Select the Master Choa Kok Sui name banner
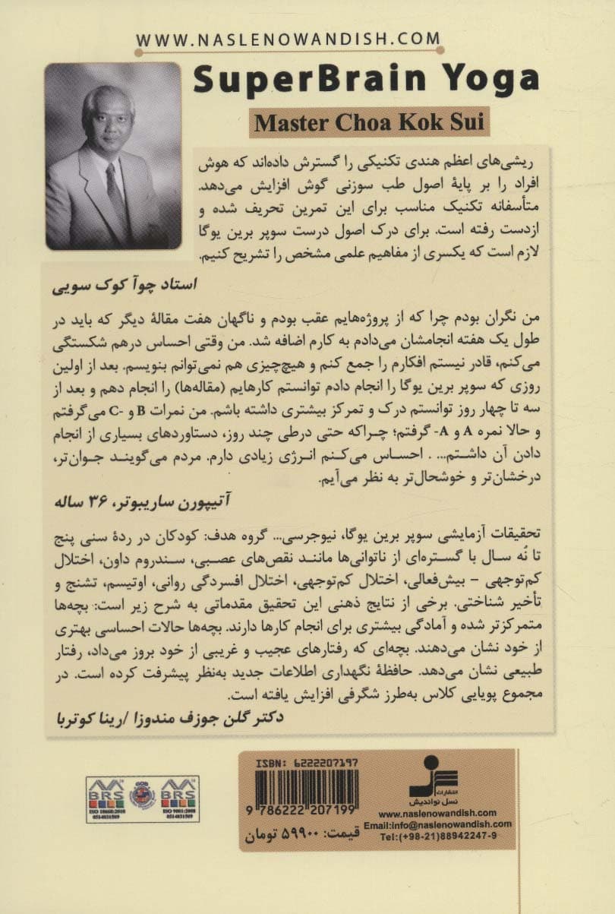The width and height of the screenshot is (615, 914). [369, 122]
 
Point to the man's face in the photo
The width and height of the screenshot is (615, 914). [110, 122]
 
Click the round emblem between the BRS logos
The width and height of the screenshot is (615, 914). [142, 796]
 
